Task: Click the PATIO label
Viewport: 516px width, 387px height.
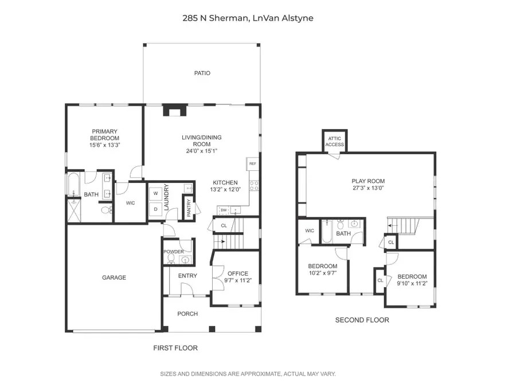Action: click(x=202, y=73)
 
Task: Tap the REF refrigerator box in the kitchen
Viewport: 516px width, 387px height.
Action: click(x=252, y=164)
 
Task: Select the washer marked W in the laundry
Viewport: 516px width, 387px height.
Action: click(x=155, y=194)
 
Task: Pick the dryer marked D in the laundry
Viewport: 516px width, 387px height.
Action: click(x=155, y=209)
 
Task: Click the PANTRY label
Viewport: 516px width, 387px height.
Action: click(x=189, y=208)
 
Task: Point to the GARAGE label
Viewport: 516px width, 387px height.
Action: click(x=114, y=277)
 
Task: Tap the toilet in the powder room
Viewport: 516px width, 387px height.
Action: click(x=170, y=259)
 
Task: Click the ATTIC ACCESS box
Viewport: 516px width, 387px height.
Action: click(x=335, y=142)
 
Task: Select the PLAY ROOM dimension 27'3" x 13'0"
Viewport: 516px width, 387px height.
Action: click(x=368, y=188)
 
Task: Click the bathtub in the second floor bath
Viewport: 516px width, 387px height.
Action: click(x=327, y=233)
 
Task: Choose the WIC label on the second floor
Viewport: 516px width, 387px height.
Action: click(x=310, y=230)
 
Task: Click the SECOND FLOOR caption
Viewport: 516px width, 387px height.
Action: click(x=362, y=320)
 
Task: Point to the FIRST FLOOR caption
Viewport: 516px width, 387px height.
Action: click(x=175, y=347)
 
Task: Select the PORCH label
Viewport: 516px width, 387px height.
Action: click(x=187, y=314)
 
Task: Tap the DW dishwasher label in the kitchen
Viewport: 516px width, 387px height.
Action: click(x=222, y=210)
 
